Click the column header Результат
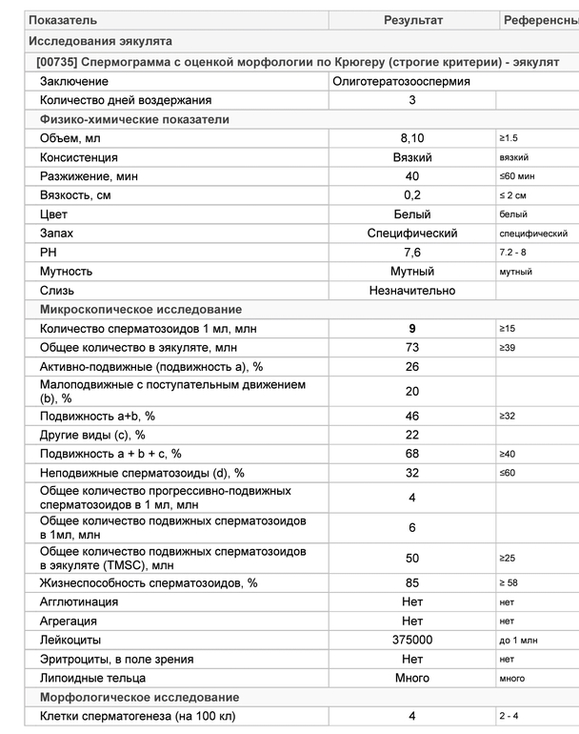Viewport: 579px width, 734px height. click(x=412, y=20)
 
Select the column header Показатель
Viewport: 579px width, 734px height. click(x=63, y=20)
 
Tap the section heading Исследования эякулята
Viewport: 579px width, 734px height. click(x=100, y=42)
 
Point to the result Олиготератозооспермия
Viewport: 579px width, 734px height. click(x=401, y=81)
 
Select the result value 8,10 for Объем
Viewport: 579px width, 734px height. click(x=412, y=138)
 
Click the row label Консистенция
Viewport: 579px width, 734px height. click(x=79, y=157)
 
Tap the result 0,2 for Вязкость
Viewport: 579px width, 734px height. click(x=412, y=195)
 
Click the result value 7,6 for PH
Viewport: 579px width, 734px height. click(x=412, y=253)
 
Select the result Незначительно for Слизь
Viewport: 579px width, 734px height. click(x=412, y=291)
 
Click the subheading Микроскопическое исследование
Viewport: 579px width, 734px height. click(x=140, y=310)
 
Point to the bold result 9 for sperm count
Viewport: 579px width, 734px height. click(x=412, y=329)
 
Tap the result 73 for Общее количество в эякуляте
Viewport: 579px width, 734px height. click(x=412, y=348)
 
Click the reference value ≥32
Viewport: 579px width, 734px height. click(x=507, y=417)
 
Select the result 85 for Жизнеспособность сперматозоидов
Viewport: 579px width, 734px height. click(x=412, y=582)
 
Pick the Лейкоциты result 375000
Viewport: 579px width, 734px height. click(x=412, y=640)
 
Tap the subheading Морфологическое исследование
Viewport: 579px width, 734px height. click(x=139, y=697)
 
